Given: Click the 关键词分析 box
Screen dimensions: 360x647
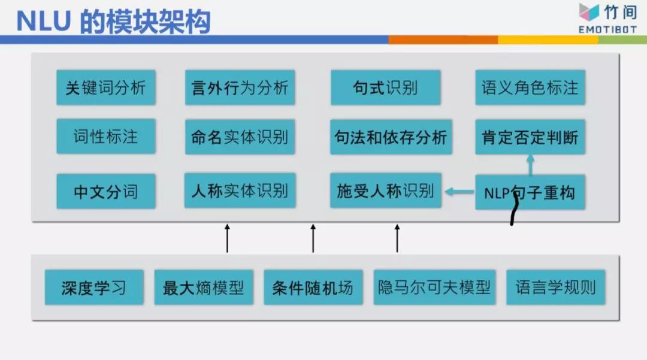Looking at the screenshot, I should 105,87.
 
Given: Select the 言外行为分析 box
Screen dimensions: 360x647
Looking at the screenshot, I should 240,87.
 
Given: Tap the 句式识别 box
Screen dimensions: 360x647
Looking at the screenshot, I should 385,87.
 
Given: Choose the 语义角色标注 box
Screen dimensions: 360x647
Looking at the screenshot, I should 530,87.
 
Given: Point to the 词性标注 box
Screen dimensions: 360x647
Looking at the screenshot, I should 105,136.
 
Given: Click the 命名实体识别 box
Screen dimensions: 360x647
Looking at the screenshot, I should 240,137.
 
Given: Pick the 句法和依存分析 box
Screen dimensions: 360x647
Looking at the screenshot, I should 391,137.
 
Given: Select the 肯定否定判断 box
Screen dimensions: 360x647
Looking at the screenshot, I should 530,137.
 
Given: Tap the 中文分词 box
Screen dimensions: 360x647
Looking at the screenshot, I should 105,191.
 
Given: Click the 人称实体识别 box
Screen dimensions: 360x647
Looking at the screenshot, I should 240,190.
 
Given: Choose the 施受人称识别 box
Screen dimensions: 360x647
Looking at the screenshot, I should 385,190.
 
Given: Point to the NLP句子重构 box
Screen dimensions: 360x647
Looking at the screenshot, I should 530,192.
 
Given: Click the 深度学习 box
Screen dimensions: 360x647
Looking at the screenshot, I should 94,288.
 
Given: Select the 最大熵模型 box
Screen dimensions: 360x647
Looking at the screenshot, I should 203,288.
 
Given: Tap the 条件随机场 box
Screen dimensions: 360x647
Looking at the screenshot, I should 313,288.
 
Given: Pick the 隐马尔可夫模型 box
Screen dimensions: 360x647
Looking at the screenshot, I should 434,288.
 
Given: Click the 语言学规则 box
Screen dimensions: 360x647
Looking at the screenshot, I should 555,288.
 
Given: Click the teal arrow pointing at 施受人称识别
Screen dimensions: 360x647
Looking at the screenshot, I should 458,192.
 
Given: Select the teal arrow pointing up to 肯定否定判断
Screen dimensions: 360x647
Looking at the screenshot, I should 530,165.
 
